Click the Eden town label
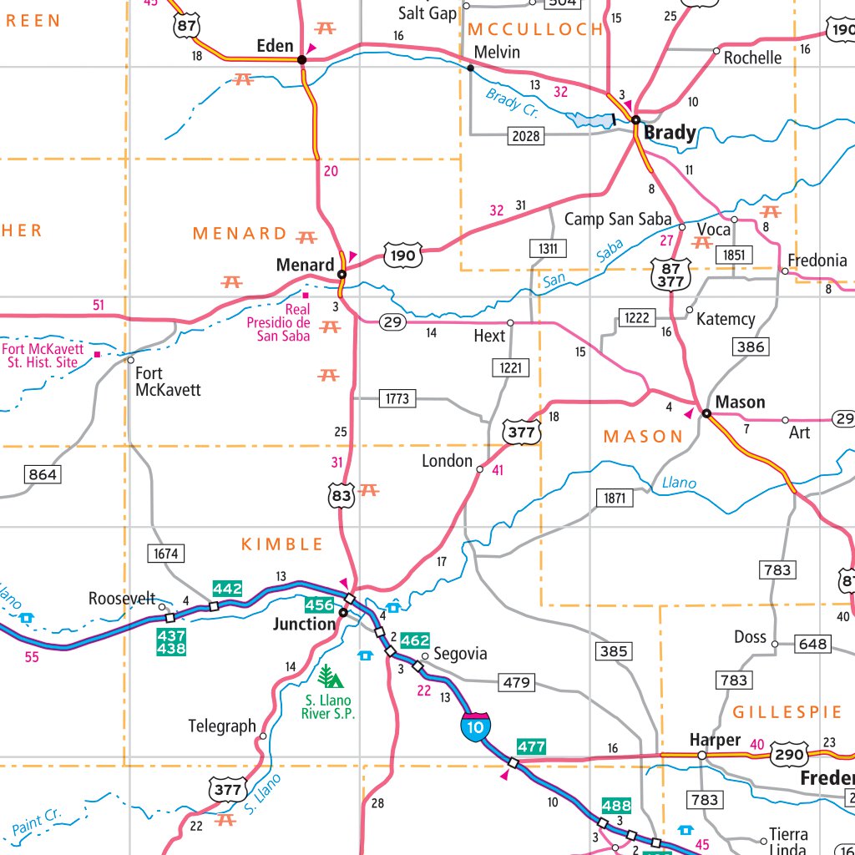[275, 47]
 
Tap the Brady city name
[669, 133]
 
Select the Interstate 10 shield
[474, 727]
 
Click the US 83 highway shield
[341, 495]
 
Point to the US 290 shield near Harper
[788, 755]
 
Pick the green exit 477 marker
[531, 746]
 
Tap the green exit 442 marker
[227, 589]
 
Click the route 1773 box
[397, 398]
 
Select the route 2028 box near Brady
[527, 135]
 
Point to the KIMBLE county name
[282, 544]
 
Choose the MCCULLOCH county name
[535, 29]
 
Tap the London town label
[447, 461]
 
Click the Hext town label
[489, 336]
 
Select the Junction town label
[304, 624]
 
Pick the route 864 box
[43, 475]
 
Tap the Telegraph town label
[222, 726]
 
